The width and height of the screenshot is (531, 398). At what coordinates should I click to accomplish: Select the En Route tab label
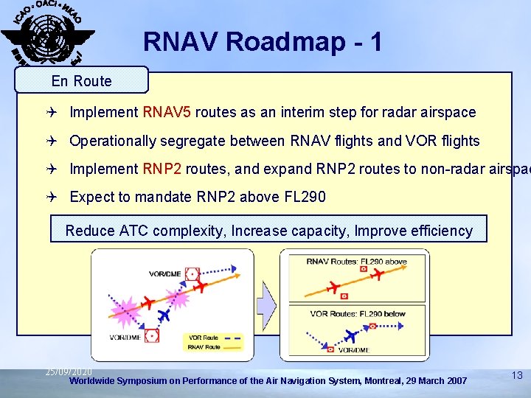(x=82, y=81)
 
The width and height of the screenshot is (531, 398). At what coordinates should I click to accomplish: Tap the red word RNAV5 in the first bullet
(x=167, y=113)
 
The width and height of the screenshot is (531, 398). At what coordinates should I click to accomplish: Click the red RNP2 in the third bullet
(x=162, y=169)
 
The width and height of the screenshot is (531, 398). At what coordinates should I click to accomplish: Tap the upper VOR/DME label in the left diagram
(x=165, y=273)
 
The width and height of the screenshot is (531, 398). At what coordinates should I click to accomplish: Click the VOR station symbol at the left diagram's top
(x=192, y=274)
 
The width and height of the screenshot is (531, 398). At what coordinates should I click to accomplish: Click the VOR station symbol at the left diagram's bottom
(x=152, y=335)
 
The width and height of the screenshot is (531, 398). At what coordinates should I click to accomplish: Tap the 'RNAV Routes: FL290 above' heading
(x=356, y=261)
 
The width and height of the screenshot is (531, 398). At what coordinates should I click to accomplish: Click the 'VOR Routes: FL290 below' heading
(x=358, y=313)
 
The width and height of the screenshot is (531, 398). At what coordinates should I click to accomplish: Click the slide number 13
(x=517, y=376)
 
